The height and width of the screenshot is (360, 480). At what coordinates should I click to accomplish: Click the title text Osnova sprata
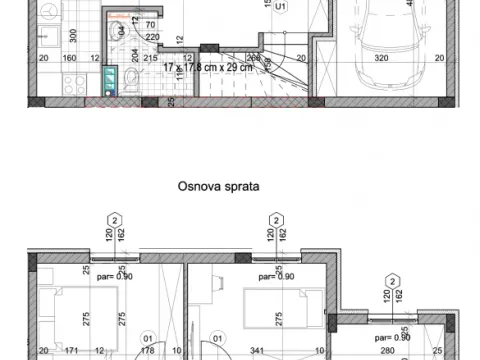pos(218,185)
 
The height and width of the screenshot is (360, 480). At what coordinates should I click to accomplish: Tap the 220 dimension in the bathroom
pos(153,37)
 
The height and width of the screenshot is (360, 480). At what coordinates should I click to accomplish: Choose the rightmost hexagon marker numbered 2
pos(393,281)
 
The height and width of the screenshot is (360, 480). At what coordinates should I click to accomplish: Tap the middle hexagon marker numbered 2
pos(272,219)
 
